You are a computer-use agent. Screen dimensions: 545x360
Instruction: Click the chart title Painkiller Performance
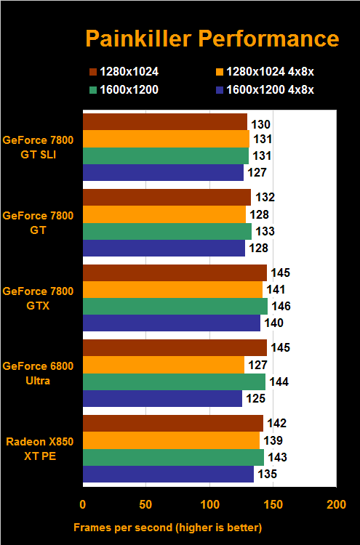pos(212,38)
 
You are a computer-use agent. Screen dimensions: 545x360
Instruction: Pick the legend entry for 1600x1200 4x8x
pos(273,89)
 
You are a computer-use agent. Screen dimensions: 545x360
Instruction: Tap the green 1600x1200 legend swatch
pos(93,89)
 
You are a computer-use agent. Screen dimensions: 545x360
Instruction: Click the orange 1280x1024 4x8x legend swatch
pos(219,72)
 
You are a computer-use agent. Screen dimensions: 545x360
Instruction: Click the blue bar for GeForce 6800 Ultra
pos(162,399)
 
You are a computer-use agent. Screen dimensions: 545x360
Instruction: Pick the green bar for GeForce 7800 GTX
pos(175,306)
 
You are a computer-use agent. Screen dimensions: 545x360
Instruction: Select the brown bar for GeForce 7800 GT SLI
pos(165,121)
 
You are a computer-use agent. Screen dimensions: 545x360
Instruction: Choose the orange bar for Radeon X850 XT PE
pos(171,440)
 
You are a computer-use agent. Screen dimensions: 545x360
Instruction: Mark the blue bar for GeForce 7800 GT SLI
pos(163,172)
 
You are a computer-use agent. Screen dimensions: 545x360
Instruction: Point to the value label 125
pos(255,399)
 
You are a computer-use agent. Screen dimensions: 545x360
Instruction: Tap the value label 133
pos(265,231)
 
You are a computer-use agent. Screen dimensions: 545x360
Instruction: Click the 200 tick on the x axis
pos(336,505)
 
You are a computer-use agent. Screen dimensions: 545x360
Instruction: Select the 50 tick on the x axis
pos(146,505)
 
